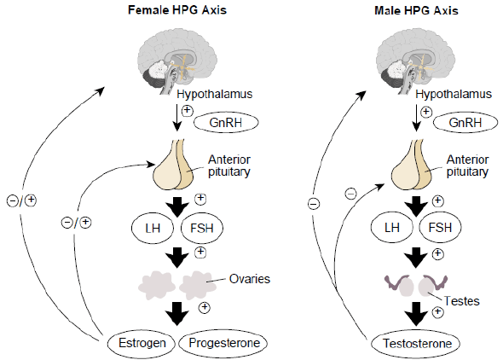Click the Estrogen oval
[x=142, y=343]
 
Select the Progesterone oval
[x=223, y=343]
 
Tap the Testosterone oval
[x=416, y=344]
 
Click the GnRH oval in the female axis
[x=226, y=123]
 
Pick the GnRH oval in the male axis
[x=465, y=123]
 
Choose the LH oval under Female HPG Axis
[x=153, y=228]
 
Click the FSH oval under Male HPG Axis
[x=440, y=228]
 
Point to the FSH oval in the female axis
[x=202, y=228]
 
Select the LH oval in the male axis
[x=392, y=228]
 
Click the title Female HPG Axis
[x=177, y=10]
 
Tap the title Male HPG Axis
[x=416, y=10]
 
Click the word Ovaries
[x=250, y=279]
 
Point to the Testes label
[x=461, y=301]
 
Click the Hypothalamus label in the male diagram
[x=454, y=95]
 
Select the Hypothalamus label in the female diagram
[x=215, y=95]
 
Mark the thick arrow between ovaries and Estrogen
[x=177, y=313]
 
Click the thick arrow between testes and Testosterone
[x=416, y=314]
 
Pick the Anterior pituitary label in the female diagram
[x=229, y=165]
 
